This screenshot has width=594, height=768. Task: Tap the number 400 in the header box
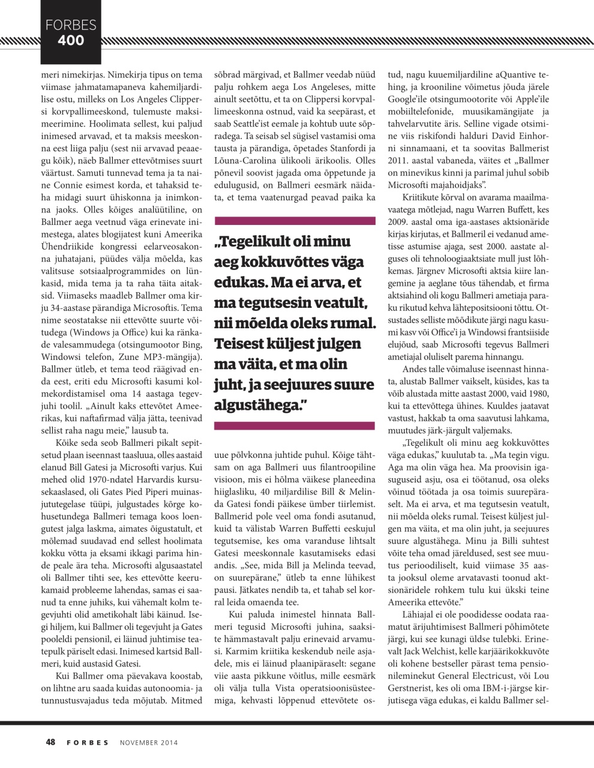(x=71, y=41)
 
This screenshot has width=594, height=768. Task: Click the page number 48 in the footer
(x=51, y=742)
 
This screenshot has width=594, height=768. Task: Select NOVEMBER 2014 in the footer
(x=149, y=743)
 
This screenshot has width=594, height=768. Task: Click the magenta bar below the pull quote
(x=295, y=425)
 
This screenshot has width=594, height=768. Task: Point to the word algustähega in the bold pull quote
(x=256, y=406)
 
